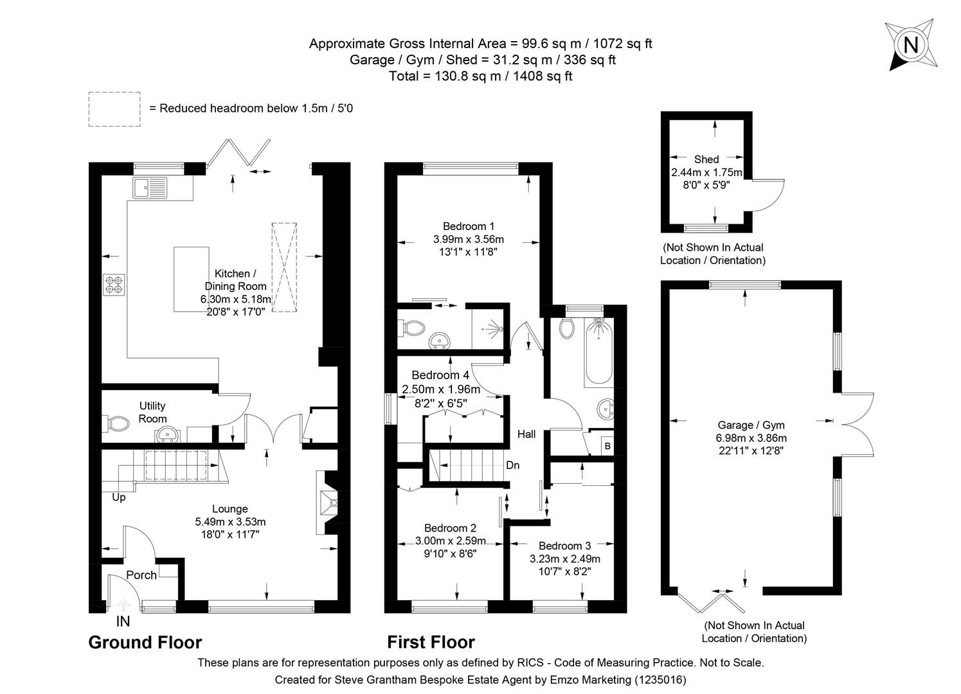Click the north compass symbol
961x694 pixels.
pyautogui.click(x=910, y=45)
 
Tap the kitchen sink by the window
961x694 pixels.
pyautogui.click(x=150, y=188)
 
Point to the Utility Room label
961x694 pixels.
pyautogui.click(x=152, y=412)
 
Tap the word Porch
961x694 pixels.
pyautogui.click(x=141, y=575)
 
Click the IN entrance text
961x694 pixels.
pyautogui.click(x=123, y=621)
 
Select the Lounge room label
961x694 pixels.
pyautogui.click(x=230, y=509)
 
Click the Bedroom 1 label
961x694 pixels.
pyautogui.click(x=469, y=226)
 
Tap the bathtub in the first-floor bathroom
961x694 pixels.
pyautogui.click(x=598, y=353)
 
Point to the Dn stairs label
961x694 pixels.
pyautogui.click(x=512, y=465)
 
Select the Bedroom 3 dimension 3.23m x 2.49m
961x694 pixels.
pyautogui.click(x=564, y=559)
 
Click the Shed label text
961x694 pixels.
pyautogui.click(x=706, y=159)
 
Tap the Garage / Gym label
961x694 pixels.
pyautogui.click(x=751, y=425)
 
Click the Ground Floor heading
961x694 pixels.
pyautogui.click(x=145, y=643)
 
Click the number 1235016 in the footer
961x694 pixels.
pyautogui.click(x=660, y=679)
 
